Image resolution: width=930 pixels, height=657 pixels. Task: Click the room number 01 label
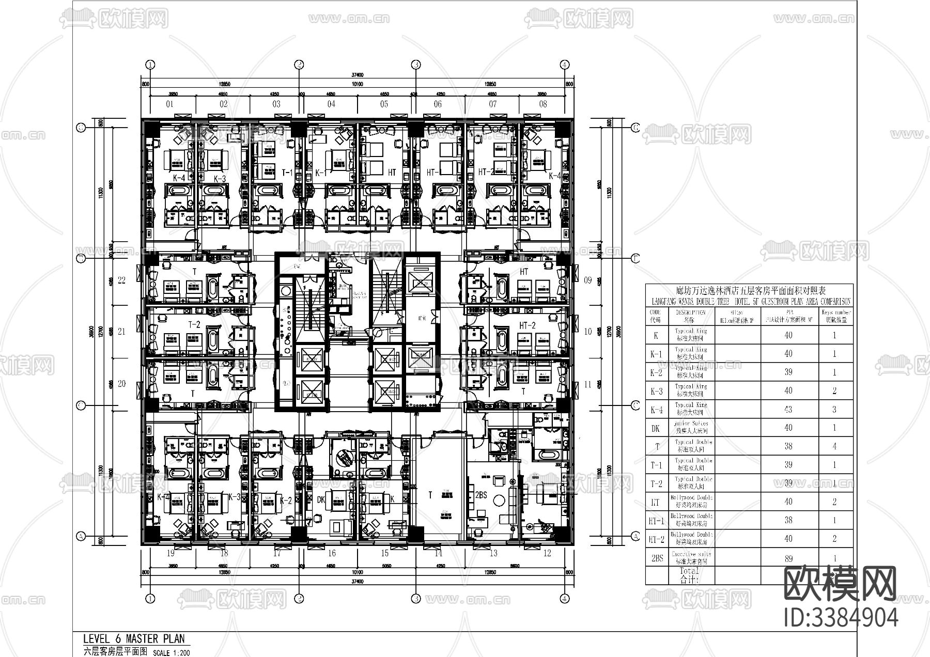(169, 104)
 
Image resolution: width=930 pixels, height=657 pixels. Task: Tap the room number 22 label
(122, 280)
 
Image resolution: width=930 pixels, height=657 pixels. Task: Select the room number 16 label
(331, 553)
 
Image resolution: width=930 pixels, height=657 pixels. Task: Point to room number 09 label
(588, 280)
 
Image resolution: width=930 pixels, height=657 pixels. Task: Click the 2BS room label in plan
(481, 495)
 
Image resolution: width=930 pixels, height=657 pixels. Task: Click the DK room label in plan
(321, 500)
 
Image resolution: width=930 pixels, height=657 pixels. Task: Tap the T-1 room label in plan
(287, 173)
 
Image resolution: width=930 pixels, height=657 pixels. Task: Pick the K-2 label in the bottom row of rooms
(286, 500)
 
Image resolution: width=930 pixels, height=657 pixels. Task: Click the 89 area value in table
(788, 558)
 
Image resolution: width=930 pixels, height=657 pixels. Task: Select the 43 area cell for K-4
(788, 410)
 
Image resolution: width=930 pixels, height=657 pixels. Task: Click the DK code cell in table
(656, 428)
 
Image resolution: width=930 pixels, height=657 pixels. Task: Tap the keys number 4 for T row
(834, 446)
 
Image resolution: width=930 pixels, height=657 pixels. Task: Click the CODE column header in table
(656, 316)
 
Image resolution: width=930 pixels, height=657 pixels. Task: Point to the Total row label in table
(689, 575)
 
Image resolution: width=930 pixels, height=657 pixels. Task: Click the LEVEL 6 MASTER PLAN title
(133, 639)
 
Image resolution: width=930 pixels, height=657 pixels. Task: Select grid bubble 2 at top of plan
(299, 65)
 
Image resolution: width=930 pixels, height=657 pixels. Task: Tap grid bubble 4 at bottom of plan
(565, 599)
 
